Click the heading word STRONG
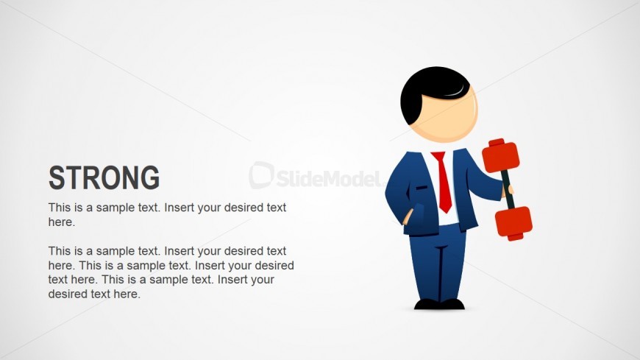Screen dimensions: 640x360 (x=104, y=177)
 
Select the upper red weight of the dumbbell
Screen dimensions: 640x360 (x=500, y=155)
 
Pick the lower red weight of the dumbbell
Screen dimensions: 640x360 (x=514, y=223)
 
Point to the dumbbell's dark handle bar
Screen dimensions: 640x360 (x=508, y=189)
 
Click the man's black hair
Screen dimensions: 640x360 (x=429, y=92)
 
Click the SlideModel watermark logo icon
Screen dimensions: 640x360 (x=261, y=175)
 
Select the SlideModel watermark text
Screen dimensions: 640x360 (x=329, y=178)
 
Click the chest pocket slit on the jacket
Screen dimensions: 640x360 (x=422, y=188)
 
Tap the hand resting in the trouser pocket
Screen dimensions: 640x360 (x=408, y=217)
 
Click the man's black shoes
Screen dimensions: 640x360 (x=439, y=304)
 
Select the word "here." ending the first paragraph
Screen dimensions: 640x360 (x=62, y=222)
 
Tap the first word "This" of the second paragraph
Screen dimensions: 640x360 (x=60, y=251)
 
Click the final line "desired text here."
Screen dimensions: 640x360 (x=94, y=294)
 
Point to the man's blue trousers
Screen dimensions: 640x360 (x=438, y=264)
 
